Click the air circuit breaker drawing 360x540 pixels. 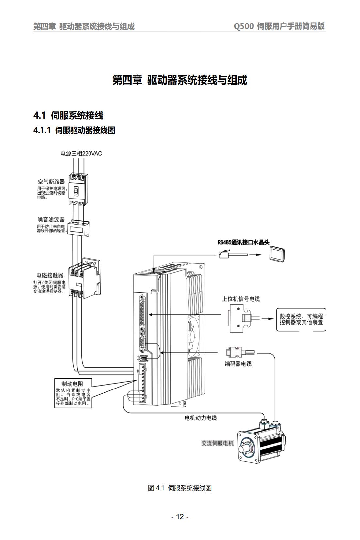pos(78,189)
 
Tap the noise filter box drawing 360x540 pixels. pos(78,228)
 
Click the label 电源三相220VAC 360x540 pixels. pos(81,153)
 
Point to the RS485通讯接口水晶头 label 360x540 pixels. pos(243,242)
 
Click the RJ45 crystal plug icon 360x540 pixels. pos(233,254)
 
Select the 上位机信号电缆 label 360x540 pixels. pos(241,299)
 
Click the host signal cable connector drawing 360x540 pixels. pos(244,318)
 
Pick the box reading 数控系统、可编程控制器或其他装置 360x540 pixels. pos(301,319)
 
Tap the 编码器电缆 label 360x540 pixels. pos(238,364)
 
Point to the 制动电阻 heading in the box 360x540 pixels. pos(72,384)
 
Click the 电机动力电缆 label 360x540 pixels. pos(201,418)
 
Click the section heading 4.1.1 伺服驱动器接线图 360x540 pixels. pos(74,130)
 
